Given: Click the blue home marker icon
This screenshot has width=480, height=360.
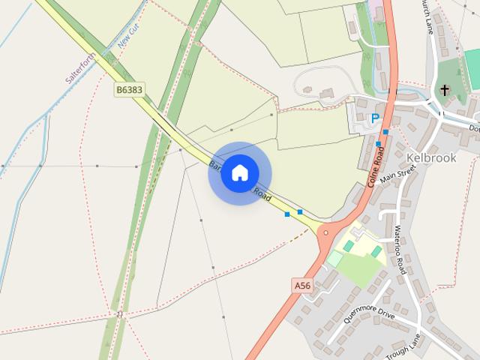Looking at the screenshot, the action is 239,173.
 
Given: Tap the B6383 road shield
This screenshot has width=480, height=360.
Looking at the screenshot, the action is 128,89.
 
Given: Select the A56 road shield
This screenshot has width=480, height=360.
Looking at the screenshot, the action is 301,286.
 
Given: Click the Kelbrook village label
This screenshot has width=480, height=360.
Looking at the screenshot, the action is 430,158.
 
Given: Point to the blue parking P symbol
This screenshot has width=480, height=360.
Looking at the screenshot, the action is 375,118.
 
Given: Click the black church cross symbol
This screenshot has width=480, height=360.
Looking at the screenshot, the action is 445,91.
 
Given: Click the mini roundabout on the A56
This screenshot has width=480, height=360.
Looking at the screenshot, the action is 325,232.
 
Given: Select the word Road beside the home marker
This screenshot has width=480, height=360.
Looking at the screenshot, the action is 262,193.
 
